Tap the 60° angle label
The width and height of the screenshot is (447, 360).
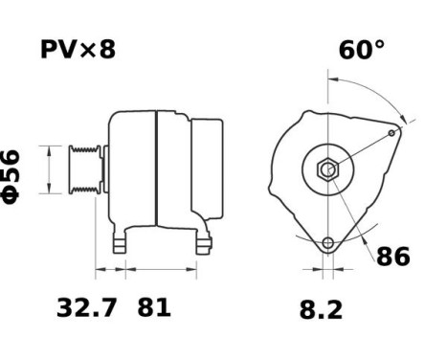362,50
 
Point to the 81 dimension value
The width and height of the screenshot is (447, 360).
154,309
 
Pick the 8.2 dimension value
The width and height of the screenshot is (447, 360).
320,309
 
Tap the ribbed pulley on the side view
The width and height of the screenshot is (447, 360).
83,169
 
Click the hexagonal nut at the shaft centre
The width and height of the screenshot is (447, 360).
327,170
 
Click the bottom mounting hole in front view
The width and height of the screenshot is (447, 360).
327,243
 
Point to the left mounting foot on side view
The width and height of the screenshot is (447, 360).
120,244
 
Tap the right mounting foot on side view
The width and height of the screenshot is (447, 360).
202,244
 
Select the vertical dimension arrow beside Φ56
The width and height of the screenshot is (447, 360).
42,170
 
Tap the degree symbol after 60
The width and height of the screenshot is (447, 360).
379,44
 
